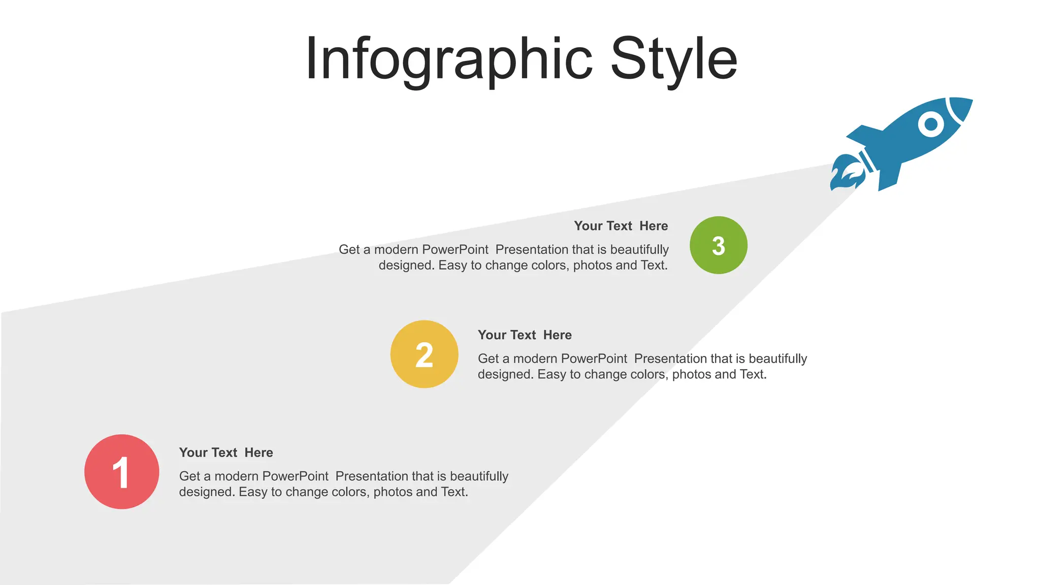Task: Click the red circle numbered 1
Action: [122, 472]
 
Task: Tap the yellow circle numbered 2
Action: [424, 354]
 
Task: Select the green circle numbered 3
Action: [718, 245]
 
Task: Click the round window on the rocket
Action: [931, 123]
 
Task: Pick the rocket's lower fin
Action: [889, 178]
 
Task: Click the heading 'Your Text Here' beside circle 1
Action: [226, 452]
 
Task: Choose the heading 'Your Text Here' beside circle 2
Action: [525, 335]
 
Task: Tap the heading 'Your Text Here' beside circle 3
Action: [621, 226]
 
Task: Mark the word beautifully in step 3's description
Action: [639, 250]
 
